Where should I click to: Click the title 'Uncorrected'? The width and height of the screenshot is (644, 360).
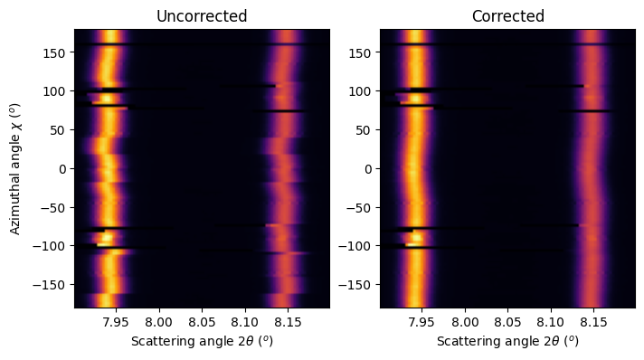pyautogui.click(x=201, y=16)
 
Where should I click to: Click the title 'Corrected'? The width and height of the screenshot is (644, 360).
pyautogui.click(x=507, y=16)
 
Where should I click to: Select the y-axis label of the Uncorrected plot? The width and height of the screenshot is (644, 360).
pyautogui.click(x=17, y=168)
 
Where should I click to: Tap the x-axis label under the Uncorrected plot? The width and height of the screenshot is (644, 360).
pyautogui.click(x=201, y=342)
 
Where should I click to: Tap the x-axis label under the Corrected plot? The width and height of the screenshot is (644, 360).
pyautogui.click(x=507, y=342)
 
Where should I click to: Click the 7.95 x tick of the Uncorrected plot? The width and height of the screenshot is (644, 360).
pyautogui.click(x=116, y=321)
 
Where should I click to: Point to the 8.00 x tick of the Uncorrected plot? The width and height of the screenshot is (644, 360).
pyautogui.click(x=159, y=321)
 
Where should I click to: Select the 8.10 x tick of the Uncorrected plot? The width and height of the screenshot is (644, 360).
pyautogui.click(x=245, y=321)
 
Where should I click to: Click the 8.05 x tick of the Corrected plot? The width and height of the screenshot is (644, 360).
pyautogui.click(x=507, y=321)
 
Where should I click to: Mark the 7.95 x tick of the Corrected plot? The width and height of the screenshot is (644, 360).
pyautogui.click(x=421, y=321)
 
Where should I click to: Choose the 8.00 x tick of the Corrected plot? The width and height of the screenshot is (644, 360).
pyautogui.click(x=465, y=321)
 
